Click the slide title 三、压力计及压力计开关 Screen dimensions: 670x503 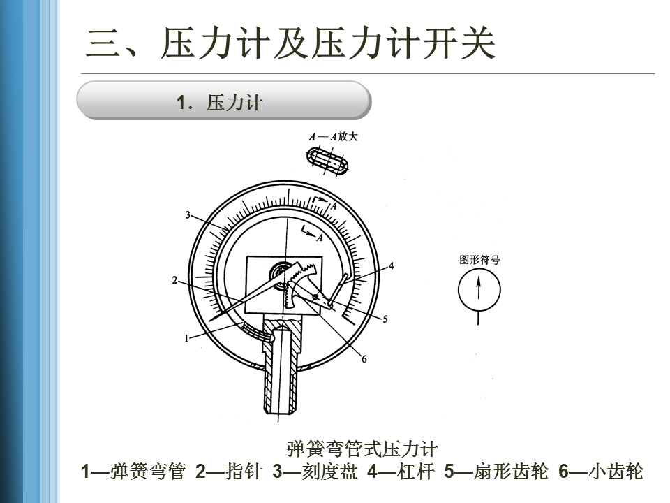pos(290,45)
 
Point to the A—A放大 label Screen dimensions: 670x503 pos(334,137)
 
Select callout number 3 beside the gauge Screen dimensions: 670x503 pos(188,214)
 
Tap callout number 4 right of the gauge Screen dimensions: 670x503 pos(392,265)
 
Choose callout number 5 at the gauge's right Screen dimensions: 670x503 pos(385,319)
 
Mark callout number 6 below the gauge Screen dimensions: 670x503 pos(364,359)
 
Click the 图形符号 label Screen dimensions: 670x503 pos(479,260)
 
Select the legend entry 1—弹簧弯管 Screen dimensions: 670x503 pos(133,472)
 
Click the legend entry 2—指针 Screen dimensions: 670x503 pos(228,472)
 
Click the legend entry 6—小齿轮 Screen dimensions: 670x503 pos(601,472)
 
